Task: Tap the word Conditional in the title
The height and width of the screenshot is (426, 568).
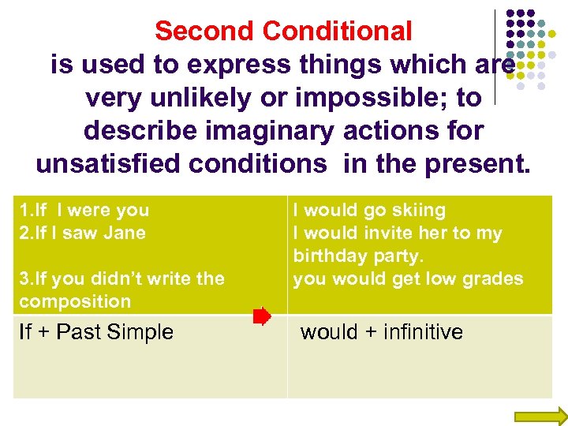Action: coord(337,32)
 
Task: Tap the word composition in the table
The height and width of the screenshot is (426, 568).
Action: coord(75,301)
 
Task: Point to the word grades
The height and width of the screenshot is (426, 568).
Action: coord(494,278)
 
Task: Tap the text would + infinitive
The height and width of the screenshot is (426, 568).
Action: coord(382,332)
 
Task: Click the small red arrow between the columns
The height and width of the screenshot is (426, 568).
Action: coord(262,317)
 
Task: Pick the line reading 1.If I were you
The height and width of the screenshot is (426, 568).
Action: coord(84,211)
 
